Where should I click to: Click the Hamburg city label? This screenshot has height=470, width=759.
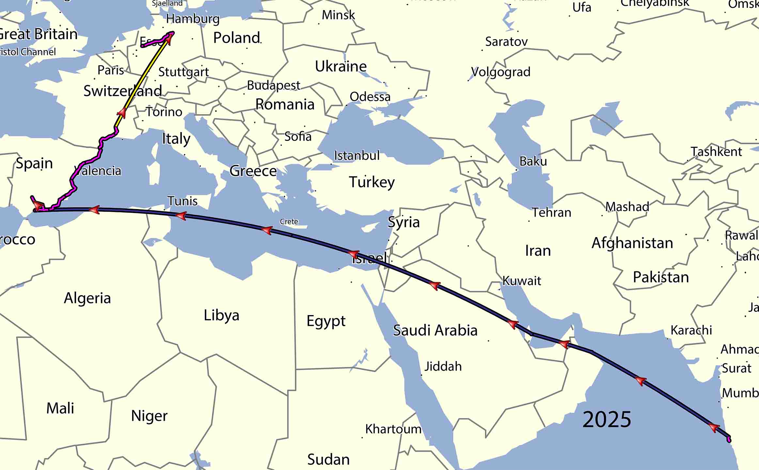193,19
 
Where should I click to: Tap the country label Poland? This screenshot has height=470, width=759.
237,38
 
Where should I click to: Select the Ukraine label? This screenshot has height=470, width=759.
341,67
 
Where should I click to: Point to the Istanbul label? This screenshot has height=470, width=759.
357,156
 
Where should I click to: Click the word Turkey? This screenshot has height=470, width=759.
372,182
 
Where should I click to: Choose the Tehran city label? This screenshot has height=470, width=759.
551,213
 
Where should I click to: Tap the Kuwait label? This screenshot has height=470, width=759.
521,280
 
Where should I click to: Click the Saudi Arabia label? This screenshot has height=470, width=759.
435,330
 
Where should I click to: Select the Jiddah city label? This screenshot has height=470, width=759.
443,366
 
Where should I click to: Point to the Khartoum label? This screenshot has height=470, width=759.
393,429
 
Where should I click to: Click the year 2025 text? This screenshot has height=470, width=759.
607,419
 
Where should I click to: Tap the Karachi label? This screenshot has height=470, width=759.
691,330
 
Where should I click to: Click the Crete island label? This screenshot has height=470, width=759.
289,221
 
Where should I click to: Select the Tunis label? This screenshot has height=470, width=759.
182,201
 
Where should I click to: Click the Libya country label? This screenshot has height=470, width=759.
221,315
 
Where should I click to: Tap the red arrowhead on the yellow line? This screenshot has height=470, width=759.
122,113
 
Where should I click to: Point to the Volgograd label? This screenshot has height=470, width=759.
501,72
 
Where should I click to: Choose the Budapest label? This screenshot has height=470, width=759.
273,85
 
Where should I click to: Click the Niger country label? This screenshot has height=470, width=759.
149,416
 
